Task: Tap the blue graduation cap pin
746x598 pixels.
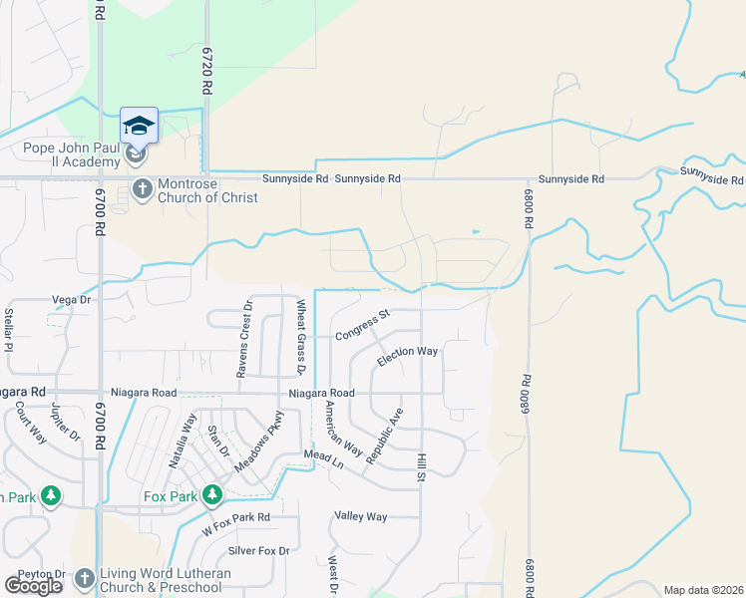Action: [x=139, y=126]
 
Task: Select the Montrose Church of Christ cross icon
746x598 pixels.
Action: [x=142, y=188]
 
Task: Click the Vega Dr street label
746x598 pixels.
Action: [x=71, y=299]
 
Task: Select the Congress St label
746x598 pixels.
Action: [x=361, y=325]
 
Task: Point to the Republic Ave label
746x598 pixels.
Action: [x=384, y=436]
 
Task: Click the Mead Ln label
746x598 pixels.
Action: [x=323, y=459]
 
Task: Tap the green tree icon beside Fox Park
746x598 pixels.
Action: [x=211, y=495]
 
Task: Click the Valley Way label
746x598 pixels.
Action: [x=361, y=516]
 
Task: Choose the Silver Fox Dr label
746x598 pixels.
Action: [x=258, y=550]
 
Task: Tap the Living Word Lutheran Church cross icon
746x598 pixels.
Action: [x=84, y=579]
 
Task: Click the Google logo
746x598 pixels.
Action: [x=33, y=586]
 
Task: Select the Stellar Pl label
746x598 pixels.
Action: [x=8, y=332]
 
